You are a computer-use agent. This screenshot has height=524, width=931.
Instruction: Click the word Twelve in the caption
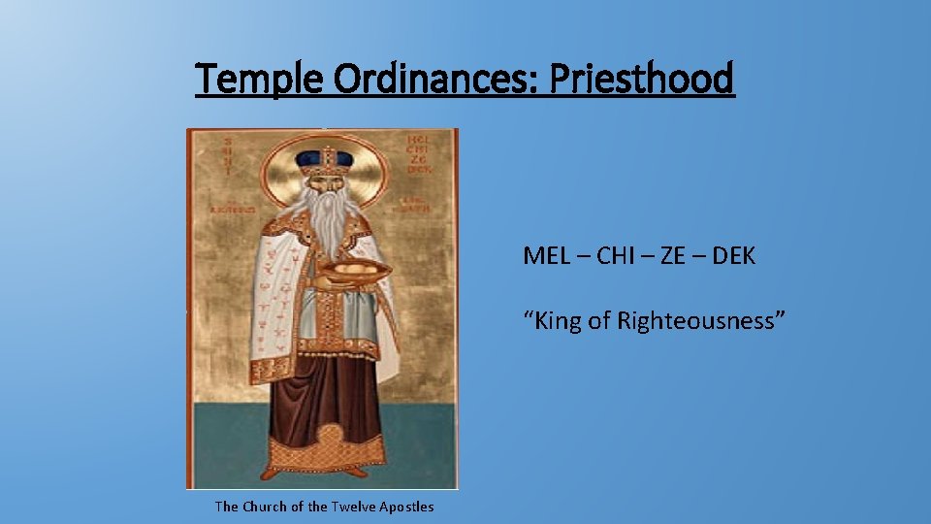[x=354, y=507]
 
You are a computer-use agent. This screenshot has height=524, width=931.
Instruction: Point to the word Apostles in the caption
[x=407, y=507]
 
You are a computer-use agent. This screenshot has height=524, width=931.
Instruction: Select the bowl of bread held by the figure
[x=353, y=271]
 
